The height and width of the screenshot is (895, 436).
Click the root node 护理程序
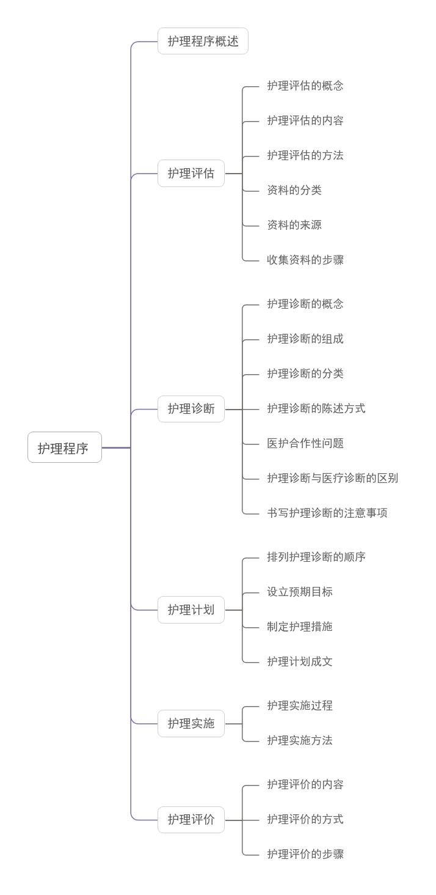(64, 447)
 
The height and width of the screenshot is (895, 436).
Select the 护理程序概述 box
(203, 42)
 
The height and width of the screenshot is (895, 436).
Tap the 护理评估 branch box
(191, 174)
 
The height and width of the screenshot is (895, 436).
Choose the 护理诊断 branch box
(191, 409)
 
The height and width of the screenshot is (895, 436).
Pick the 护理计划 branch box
(191, 610)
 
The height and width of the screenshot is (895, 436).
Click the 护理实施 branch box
(191, 724)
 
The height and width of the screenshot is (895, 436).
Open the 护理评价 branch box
(191, 820)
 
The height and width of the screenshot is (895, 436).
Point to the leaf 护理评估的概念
(305, 86)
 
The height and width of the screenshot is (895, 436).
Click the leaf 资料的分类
(294, 191)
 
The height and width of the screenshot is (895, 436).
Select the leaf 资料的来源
(294, 226)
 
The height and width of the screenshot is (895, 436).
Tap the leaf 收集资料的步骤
(305, 260)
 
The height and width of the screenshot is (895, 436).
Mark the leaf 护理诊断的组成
(305, 339)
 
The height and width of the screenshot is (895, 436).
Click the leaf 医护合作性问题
(305, 444)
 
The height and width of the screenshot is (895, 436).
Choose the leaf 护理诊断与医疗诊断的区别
(332, 479)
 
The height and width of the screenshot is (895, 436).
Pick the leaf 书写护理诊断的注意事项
(327, 514)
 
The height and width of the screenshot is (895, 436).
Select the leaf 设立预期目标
(299, 592)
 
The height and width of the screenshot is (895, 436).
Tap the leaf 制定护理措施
(299, 627)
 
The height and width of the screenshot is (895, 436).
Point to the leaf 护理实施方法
(299, 741)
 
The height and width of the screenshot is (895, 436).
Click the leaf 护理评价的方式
(305, 820)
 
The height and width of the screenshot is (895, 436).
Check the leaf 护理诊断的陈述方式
(316, 409)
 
